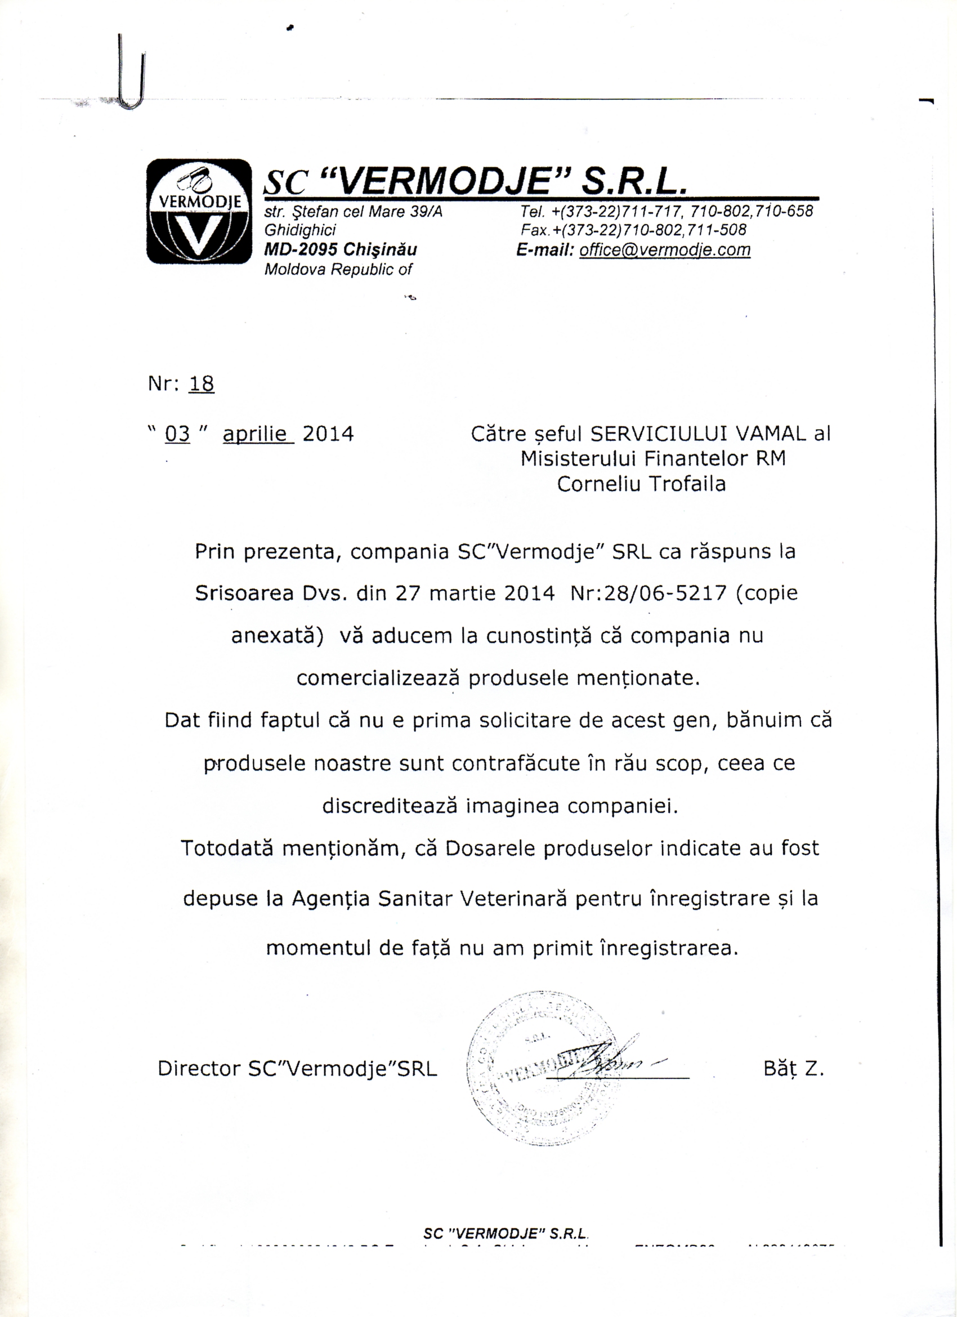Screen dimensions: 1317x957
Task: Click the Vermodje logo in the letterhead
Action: [199, 211]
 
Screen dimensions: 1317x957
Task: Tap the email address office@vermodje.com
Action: [664, 249]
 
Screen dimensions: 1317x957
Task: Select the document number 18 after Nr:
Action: [201, 384]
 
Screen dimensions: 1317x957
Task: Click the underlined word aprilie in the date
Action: [258, 434]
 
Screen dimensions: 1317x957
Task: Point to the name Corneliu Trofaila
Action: [641, 484]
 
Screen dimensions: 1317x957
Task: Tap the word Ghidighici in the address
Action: [300, 230]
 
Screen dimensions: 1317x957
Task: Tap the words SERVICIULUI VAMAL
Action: [698, 434]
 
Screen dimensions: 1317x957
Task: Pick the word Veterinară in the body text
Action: [513, 898]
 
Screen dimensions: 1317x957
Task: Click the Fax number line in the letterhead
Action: [633, 230]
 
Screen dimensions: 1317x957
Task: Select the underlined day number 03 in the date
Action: [178, 434]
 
